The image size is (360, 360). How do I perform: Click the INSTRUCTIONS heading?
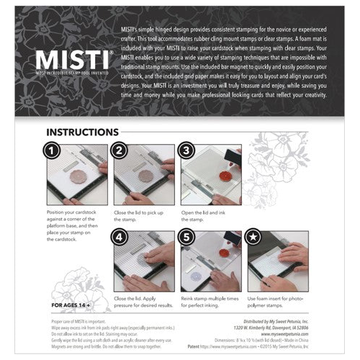click(x=83, y=132)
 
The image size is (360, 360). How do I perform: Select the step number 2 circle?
click(x=121, y=151)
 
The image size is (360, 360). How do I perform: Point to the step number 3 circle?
click(x=188, y=151)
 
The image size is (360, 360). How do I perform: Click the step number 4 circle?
click(x=121, y=238)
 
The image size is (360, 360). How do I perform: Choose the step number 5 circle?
click(x=188, y=238)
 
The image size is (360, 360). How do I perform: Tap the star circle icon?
click(x=255, y=238)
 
